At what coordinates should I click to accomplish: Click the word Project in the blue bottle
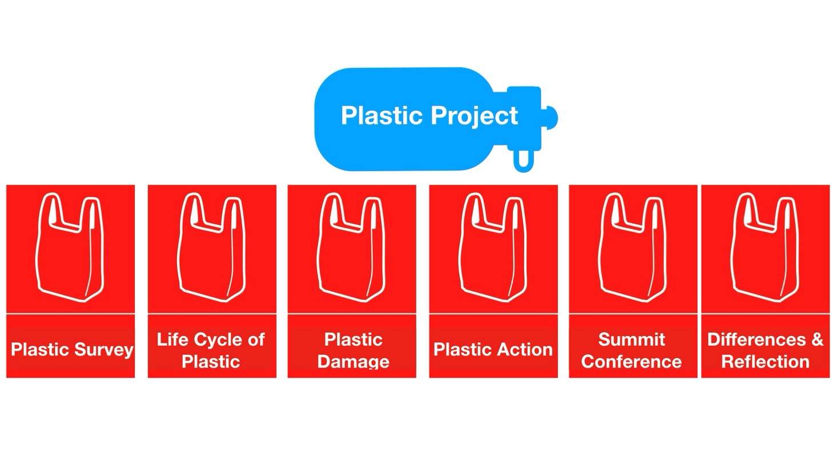[x=474, y=116]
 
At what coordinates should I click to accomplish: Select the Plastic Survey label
[x=72, y=350]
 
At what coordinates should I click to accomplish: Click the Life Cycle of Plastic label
[x=211, y=350]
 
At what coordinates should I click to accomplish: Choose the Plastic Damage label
[x=353, y=350]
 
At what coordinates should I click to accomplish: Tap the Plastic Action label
[x=493, y=349]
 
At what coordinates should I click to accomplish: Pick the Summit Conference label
[x=632, y=350]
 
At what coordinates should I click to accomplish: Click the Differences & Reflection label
[x=765, y=350]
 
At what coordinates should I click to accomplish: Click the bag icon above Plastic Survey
[x=70, y=247]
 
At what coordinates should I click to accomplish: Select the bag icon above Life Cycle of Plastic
[x=211, y=247]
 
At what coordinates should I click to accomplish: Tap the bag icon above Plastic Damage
[x=351, y=247]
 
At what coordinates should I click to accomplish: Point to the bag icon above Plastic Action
[x=493, y=247]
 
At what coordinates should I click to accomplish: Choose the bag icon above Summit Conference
[x=633, y=247]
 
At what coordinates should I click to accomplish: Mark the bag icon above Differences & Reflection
[x=765, y=247]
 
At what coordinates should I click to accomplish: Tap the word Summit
[x=632, y=339]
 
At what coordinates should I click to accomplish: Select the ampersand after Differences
[x=817, y=339]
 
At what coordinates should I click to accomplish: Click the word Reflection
[x=765, y=362]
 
